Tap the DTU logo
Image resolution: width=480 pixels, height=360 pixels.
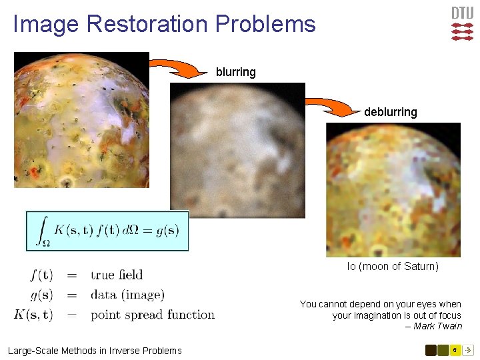coord(462,24)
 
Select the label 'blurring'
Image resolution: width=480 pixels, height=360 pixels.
coord(235,72)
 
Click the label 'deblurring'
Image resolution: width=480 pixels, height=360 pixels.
coord(390,112)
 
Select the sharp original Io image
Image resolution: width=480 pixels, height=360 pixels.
coord(81,120)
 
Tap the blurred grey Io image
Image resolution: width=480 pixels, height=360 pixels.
coord(237,150)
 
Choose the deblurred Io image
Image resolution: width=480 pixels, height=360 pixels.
coord(393,190)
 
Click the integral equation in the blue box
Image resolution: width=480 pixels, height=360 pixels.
coord(107,231)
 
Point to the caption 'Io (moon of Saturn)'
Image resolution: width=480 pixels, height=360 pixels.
coord(393,267)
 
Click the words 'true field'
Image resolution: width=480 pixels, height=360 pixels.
coord(117,275)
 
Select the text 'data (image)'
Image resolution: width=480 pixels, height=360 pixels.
coord(127,295)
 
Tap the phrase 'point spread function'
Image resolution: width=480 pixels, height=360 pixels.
coord(153,315)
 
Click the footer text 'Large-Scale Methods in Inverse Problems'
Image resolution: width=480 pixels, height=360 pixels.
coord(95,351)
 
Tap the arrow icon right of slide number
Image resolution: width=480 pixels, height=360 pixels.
coord(468,350)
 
